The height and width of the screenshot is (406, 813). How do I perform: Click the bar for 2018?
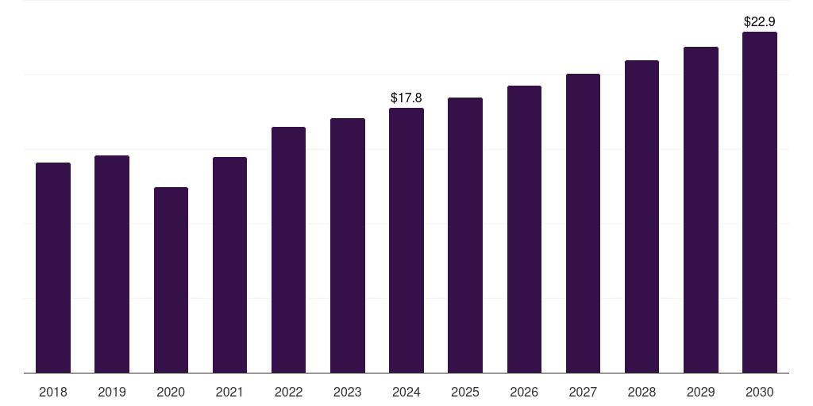click(x=53, y=267)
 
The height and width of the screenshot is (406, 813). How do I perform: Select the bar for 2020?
click(x=171, y=280)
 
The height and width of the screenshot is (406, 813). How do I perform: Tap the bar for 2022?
click(x=288, y=250)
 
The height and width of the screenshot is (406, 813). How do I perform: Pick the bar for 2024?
click(x=406, y=240)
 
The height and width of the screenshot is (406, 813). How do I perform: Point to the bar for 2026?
click(x=524, y=229)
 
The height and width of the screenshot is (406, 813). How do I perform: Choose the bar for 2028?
click(x=642, y=216)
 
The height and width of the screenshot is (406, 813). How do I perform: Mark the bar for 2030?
click(x=760, y=202)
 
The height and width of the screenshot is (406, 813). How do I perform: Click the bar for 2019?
click(x=112, y=264)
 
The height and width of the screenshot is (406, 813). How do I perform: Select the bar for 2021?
click(x=229, y=265)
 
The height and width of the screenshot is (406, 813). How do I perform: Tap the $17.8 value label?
click(x=406, y=98)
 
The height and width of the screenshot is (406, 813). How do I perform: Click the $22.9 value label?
click(x=760, y=22)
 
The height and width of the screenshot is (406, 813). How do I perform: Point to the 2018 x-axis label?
click(x=53, y=392)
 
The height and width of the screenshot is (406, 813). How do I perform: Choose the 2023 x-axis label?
click(x=348, y=392)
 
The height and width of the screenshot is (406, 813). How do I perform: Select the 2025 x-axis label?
click(x=465, y=392)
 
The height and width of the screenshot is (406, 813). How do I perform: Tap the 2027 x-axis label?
click(x=583, y=392)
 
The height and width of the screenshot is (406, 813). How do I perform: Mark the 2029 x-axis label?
click(x=701, y=392)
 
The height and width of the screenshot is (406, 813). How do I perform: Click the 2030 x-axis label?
click(x=760, y=392)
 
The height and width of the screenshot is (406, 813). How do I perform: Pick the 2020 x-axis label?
click(x=171, y=392)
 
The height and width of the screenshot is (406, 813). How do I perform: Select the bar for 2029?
click(x=701, y=209)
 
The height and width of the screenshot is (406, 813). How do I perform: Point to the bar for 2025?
click(x=465, y=235)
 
